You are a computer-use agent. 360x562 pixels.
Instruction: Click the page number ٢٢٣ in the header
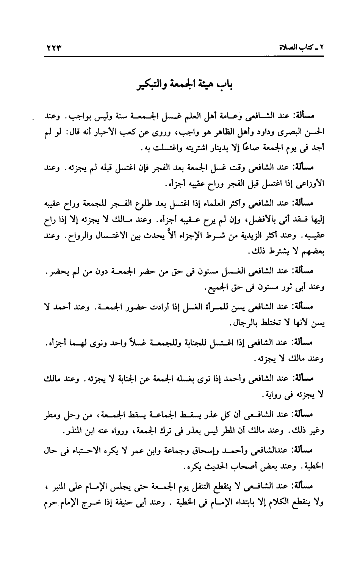coord(54,49)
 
